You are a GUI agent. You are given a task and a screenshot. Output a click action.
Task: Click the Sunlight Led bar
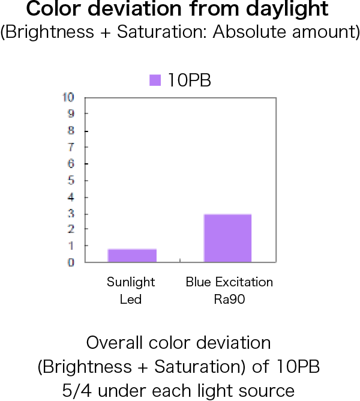pyautogui.click(x=132, y=255)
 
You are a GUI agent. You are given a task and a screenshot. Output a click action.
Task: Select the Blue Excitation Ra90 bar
pyautogui.click(x=227, y=238)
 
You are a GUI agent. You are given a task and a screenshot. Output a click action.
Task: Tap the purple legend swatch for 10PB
pyautogui.click(x=155, y=80)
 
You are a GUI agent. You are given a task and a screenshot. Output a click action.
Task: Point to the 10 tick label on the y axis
pyautogui.click(x=68, y=97)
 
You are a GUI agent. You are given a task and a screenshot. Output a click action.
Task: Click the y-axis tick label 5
pyautogui.click(x=71, y=181)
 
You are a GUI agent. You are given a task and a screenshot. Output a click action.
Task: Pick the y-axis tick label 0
pyautogui.click(x=71, y=262)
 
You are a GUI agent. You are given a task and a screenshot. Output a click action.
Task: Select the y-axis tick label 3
pyautogui.click(x=71, y=214)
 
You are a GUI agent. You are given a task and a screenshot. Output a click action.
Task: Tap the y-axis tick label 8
pyautogui.click(x=71, y=130)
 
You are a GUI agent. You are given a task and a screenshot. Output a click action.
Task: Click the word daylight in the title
pyautogui.click(x=287, y=9)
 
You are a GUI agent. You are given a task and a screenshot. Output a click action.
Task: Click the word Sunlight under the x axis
pyautogui.click(x=131, y=282)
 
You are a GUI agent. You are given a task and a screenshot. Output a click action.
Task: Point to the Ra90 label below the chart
pyautogui.click(x=229, y=299)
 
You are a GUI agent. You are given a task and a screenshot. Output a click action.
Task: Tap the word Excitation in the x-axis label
pyautogui.click(x=244, y=282)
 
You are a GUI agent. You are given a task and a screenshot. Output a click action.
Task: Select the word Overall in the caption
pyautogui.click(x=116, y=343)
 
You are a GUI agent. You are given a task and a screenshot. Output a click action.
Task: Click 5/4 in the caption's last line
pyautogui.click(x=77, y=391)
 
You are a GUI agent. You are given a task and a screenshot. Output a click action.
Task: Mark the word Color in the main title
pyautogui.click(x=53, y=8)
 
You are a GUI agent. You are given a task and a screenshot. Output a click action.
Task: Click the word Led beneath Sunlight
pyautogui.click(x=131, y=299)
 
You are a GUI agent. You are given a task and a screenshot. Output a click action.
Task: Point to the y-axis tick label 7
pyautogui.click(x=71, y=147)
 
